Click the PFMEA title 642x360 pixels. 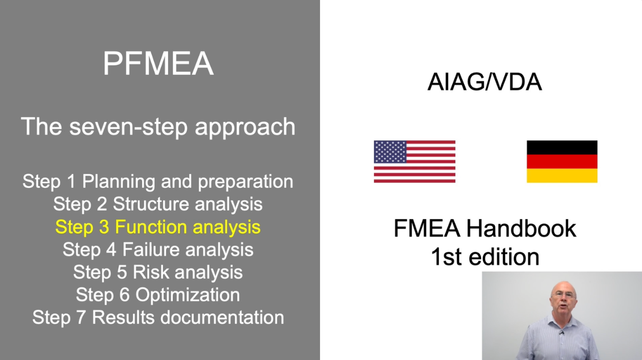coord(158,64)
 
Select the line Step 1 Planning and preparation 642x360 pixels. coord(158,182)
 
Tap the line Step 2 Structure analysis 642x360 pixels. coord(158,204)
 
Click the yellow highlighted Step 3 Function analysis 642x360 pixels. coord(158,227)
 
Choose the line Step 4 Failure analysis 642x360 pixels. coord(158,249)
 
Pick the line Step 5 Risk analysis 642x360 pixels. coord(158,272)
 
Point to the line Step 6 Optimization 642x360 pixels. coord(158,295)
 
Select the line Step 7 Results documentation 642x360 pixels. coord(158,317)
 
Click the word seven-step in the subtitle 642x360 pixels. coord(131,127)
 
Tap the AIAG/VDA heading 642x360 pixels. coord(484,82)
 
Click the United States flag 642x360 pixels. coord(414,161)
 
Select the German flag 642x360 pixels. coord(562,161)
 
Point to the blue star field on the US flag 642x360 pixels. coord(390,152)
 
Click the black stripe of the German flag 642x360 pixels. coord(562,147)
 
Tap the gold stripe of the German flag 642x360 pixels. coord(562,176)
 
